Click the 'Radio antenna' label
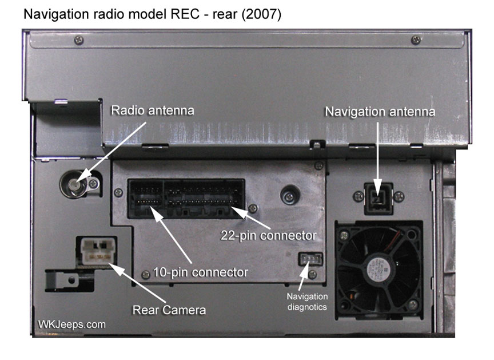click(x=152, y=110)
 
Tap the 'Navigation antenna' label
click(x=380, y=111)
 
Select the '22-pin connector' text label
click(x=268, y=235)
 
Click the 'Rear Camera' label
click(x=169, y=310)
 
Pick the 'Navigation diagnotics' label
click(x=306, y=302)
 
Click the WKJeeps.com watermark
click(x=71, y=325)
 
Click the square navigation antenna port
click(x=376, y=197)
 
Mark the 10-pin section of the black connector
click(x=146, y=198)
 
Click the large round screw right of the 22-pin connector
click(x=289, y=195)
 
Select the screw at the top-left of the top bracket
click(x=79, y=40)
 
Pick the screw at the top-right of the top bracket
click(x=415, y=40)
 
